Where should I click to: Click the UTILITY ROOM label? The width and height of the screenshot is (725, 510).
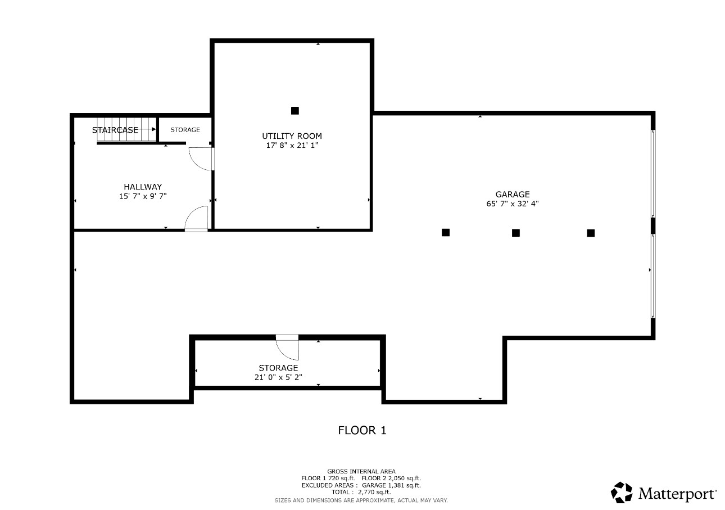(x=292, y=136)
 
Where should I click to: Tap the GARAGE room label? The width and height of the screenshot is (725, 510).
(x=513, y=195)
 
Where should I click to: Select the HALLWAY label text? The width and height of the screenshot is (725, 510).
(x=143, y=187)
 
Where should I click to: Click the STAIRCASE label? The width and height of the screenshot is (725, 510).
(x=115, y=130)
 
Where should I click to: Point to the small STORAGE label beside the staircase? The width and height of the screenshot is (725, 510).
(x=185, y=130)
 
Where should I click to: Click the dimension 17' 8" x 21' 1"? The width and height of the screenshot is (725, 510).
(x=292, y=146)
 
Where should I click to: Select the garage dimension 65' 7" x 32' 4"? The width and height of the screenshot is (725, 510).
(x=513, y=204)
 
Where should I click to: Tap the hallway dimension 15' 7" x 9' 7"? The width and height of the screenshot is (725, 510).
(x=143, y=196)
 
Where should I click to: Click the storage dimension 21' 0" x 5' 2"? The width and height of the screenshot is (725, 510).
(x=278, y=377)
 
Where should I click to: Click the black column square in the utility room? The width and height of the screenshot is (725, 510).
(x=295, y=111)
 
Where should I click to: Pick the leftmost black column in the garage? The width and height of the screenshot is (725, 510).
(x=446, y=232)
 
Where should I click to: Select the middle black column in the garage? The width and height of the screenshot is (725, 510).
(x=516, y=233)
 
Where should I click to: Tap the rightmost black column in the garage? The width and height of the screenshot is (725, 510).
(x=591, y=233)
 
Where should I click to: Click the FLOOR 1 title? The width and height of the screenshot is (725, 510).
(x=362, y=430)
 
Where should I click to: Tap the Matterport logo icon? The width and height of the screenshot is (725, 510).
(x=622, y=493)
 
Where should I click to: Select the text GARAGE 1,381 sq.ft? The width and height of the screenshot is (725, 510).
(x=391, y=485)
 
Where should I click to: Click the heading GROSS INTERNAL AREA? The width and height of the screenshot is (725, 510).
(x=361, y=471)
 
